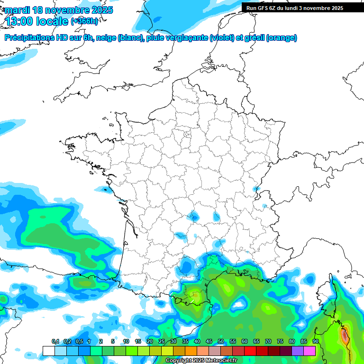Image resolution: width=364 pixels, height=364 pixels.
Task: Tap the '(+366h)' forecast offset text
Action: tap(84, 21)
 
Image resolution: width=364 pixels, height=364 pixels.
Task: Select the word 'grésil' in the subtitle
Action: tap(254, 37)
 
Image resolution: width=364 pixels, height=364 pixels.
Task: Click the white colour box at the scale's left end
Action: tap(48, 351)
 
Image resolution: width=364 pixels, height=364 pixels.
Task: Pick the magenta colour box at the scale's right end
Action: tap(309, 351)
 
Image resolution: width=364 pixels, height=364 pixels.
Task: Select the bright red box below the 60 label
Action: tap(250, 351)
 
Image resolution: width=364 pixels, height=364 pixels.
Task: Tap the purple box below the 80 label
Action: tap(298, 351)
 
